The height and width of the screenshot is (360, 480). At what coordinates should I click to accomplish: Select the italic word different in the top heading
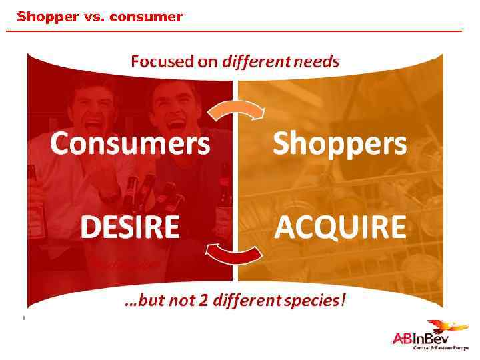coord(251,62)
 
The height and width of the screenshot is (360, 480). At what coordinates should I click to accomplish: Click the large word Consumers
coord(130,143)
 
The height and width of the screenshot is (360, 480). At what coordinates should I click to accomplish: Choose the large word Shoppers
coord(339,143)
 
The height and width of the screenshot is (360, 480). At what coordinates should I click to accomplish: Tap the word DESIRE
coord(130,227)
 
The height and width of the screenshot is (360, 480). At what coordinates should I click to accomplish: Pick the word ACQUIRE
coord(340,227)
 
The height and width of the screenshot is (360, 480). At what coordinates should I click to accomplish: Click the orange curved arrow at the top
coord(237,109)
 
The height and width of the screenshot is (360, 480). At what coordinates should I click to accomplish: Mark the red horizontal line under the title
coord(233,31)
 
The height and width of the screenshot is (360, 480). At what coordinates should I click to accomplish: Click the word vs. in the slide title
coord(90,17)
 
